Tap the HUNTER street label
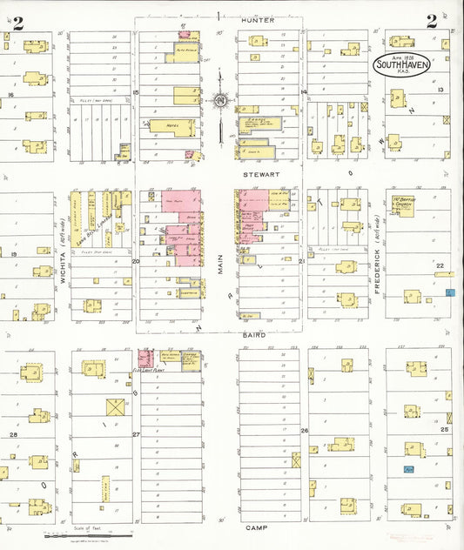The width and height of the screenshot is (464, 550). (259, 20)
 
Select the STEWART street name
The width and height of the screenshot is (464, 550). (259, 173)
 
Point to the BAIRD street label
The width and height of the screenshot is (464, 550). (253, 334)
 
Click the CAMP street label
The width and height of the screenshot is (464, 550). (255, 528)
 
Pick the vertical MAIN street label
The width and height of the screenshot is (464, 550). (220, 258)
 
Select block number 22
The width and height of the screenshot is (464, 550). (440, 265)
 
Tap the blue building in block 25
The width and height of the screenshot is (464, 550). (407, 469)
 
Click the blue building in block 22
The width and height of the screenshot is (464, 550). (449, 293)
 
